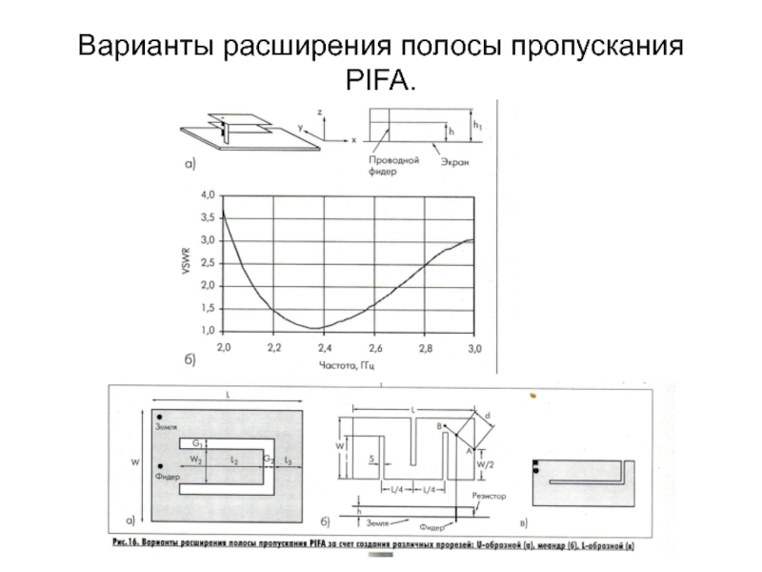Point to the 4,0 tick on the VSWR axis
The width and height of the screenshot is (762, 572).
coord(207,194)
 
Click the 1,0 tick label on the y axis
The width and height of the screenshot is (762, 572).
coord(207,330)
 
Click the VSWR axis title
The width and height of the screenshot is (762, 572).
coord(187,263)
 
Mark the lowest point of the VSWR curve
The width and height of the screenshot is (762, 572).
coord(319,328)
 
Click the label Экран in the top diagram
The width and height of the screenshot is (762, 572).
coord(453,162)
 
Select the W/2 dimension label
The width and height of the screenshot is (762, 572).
coord(485,464)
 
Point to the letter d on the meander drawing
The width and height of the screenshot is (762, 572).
coord(487,416)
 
